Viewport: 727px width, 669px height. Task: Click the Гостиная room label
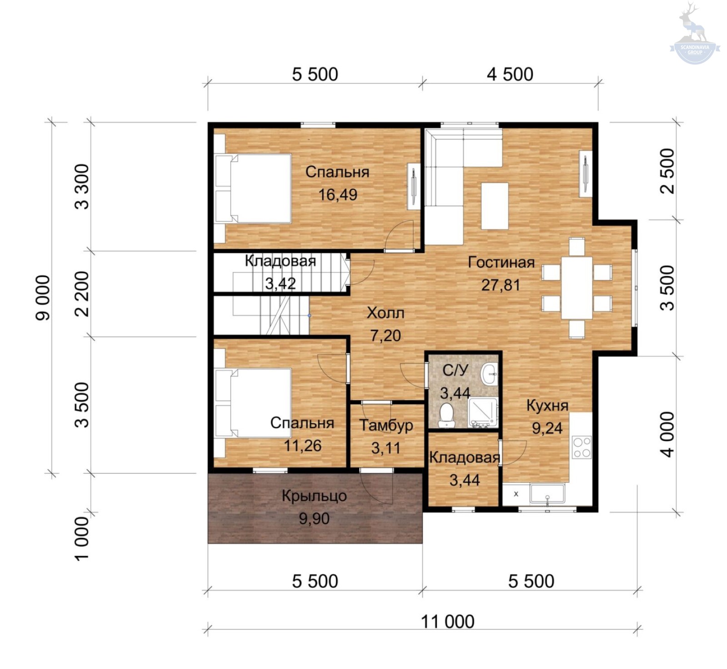pyautogui.click(x=501, y=263)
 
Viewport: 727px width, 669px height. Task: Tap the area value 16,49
pyautogui.click(x=338, y=195)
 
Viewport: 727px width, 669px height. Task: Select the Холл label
pyautogui.click(x=385, y=313)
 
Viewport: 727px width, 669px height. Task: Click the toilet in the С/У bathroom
pyautogui.click(x=447, y=415)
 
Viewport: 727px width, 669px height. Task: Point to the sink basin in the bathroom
pyautogui.click(x=489, y=374)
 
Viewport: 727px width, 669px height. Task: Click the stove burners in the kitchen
pyautogui.click(x=582, y=447)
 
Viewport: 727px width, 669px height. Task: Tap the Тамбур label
pyautogui.click(x=386, y=426)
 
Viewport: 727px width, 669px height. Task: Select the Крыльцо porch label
pyautogui.click(x=314, y=496)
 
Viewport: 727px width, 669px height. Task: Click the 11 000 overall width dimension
pyautogui.click(x=448, y=621)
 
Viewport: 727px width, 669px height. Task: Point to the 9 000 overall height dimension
pyautogui.click(x=43, y=298)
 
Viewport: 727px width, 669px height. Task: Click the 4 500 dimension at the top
pyautogui.click(x=510, y=74)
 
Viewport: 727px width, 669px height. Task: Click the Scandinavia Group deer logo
pyautogui.click(x=694, y=34)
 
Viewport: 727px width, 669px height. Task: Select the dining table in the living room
pyautogui.click(x=577, y=288)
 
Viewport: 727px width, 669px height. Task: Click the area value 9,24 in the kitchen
pyautogui.click(x=547, y=428)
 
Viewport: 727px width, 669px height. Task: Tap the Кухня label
pyautogui.click(x=547, y=405)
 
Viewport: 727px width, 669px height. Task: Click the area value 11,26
pyautogui.click(x=303, y=446)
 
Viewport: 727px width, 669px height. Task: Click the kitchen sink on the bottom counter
pyautogui.click(x=547, y=494)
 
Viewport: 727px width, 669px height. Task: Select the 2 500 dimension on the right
pyautogui.click(x=667, y=171)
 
